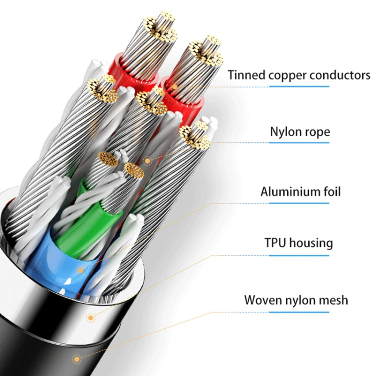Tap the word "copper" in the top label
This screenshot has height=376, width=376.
(283, 75)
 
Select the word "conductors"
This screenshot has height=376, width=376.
(340, 75)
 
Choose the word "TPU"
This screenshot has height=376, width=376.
(276, 243)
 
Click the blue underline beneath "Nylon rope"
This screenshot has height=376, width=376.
(300, 142)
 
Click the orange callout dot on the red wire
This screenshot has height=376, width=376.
(174, 87)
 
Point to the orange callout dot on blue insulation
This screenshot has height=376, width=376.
(80, 270)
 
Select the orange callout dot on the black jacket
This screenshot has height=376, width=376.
(76, 358)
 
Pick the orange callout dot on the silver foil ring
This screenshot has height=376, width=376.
(90, 317)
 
